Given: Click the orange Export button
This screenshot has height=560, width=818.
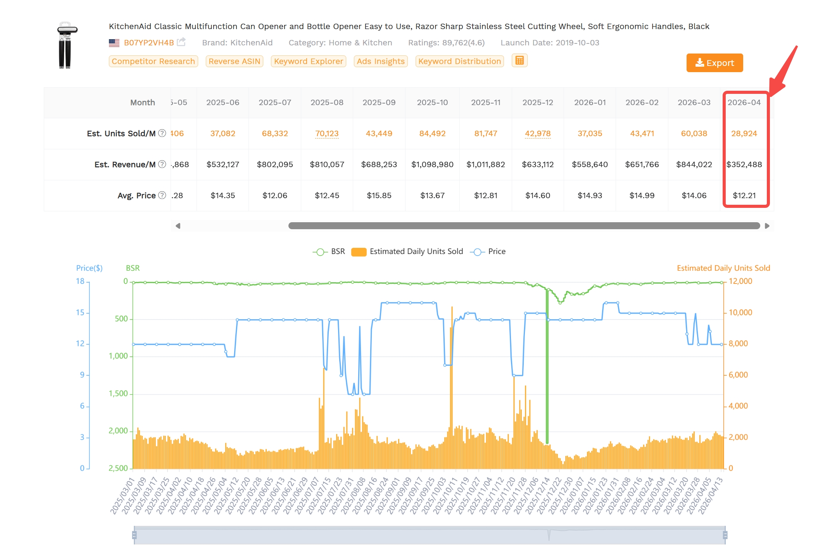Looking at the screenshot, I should (x=714, y=63).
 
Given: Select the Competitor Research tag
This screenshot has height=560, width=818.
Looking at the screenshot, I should (x=153, y=61).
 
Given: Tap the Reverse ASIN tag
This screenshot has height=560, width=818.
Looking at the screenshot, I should (x=234, y=61).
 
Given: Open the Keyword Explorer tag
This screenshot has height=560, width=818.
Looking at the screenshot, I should (x=308, y=61).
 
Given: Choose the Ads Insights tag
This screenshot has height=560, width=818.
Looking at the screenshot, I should (x=380, y=61).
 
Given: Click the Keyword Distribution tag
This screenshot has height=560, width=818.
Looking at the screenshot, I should (x=459, y=61).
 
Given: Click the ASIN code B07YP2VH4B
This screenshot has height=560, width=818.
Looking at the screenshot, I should (x=149, y=43).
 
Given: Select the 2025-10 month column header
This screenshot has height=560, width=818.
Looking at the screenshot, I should (x=432, y=102).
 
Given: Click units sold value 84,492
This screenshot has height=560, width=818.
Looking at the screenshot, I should (x=432, y=133).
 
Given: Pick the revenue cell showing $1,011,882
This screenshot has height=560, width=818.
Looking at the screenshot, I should (x=485, y=164).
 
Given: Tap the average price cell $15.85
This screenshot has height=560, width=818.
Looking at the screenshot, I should (x=379, y=195).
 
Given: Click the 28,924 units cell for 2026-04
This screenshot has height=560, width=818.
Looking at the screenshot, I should (x=744, y=133).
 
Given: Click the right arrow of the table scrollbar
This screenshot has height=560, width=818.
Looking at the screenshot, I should (x=767, y=226).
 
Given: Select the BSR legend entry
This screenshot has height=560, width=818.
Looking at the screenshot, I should (x=329, y=252).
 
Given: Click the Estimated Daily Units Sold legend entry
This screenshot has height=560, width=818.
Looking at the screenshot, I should (x=407, y=252).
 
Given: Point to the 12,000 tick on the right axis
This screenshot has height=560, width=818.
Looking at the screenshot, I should (x=740, y=281).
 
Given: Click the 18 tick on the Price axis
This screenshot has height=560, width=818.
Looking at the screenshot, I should (x=80, y=281).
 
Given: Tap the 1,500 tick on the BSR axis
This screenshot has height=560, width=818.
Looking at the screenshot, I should (x=118, y=394).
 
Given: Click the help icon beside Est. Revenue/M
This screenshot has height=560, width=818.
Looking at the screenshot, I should (x=162, y=164).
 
